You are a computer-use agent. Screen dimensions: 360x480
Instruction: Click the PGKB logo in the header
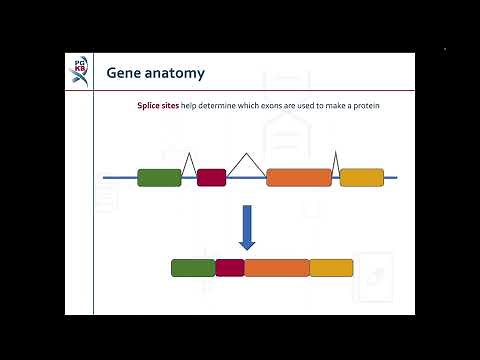coord(81,71)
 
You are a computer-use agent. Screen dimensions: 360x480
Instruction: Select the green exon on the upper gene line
coord(159,178)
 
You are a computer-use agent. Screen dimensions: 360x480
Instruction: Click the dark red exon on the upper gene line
coord(211,178)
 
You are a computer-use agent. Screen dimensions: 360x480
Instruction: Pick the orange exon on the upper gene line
coord(299,178)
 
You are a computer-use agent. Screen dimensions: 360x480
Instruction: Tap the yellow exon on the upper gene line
coord(362,178)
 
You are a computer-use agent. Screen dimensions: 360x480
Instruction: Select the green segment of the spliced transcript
coord(193,268)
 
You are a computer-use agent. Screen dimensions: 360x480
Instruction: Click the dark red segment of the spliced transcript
coord(230,268)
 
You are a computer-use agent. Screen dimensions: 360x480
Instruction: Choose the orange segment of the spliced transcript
coord(277,268)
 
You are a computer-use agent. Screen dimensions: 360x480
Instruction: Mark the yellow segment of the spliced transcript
coord(331,268)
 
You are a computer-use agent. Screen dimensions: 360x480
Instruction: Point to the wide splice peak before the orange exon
coord(246,161)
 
